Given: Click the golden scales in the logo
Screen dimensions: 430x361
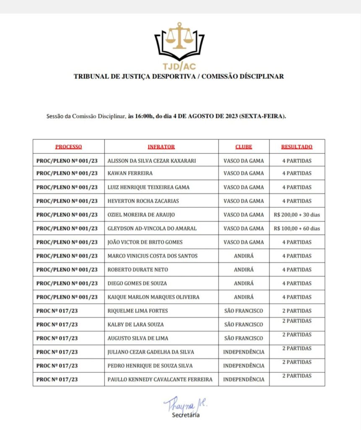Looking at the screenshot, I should tap(179, 35).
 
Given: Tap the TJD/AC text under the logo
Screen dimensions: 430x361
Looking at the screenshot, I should tap(179, 66).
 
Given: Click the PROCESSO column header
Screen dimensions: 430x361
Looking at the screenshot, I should tap(68, 147).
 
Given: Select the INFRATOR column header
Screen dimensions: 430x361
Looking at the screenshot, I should tap(161, 147).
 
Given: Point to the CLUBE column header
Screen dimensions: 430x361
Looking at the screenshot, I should tap(244, 147).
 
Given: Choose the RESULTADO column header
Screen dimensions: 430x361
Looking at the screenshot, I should tap(296, 147).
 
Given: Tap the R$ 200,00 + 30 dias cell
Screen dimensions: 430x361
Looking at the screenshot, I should tap(296, 215).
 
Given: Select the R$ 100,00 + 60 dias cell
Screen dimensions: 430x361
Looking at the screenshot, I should tap(296, 228).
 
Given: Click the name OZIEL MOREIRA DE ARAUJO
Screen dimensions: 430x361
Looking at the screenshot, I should tap(141, 215).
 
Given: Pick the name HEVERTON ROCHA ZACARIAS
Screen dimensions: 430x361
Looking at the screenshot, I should tap(143, 201).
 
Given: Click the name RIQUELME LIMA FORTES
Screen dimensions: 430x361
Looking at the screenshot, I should tap(138, 311).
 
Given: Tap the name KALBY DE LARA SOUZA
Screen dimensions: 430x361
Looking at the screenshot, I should tap(135, 325).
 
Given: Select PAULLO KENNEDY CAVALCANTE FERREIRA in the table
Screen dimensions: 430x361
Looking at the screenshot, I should tap(160, 380).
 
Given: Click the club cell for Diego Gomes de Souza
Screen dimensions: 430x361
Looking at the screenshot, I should tap(244, 283).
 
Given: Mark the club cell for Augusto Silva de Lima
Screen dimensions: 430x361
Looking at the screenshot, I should tap(244, 338).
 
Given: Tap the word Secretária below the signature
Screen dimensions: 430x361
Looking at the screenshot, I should tap(186, 416).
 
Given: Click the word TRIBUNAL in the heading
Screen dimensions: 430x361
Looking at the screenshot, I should tap(90, 77).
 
